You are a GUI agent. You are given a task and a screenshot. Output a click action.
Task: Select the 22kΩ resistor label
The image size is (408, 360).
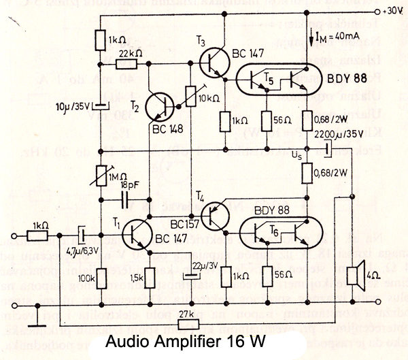pos(129,52)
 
